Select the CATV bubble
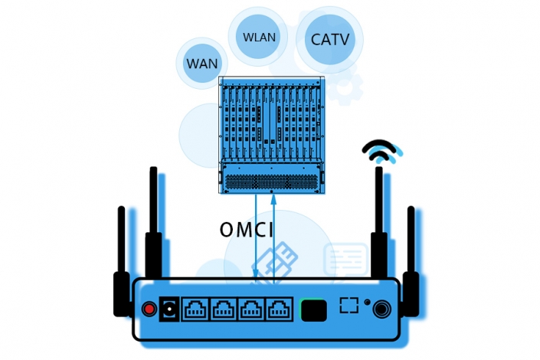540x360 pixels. click(x=329, y=38)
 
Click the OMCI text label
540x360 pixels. click(x=246, y=230)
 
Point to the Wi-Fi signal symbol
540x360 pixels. click(x=383, y=151)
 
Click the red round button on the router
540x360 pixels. click(x=149, y=309)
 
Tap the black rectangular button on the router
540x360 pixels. click(x=314, y=309)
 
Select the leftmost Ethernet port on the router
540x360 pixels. click(x=195, y=309)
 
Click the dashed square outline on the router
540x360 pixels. click(x=349, y=304)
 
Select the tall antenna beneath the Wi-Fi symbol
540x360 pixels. click(x=378, y=222)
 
